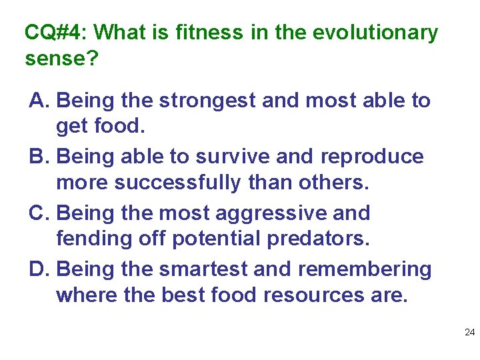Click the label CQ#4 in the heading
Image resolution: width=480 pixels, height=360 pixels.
[56, 32]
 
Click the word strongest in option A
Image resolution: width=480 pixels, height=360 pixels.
[207, 101]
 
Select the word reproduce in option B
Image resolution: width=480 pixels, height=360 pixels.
[371, 157]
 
